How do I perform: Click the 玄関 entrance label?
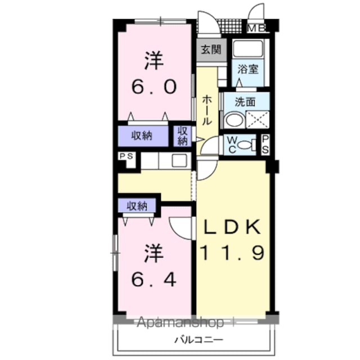pyautogui.click(x=211, y=49)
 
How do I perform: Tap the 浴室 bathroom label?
pyautogui.click(x=247, y=69)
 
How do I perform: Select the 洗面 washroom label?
pyautogui.click(x=245, y=102)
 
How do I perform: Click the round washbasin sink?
pyautogui.click(x=234, y=120)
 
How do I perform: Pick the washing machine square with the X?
pyautogui.click(x=258, y=120)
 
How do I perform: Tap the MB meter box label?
pyautogui.click(x=256, y=28)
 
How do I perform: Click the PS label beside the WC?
pyautogui.click(x=265, y=144)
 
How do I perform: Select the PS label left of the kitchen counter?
pyautogui.click(x=127, y=156)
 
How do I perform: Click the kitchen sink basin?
pyautogui.click(x=179, y=160)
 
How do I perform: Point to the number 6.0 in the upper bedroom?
pyautogui.click(x=154, y=87)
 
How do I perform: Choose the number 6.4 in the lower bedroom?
pyautogui.click(x=154, y=279)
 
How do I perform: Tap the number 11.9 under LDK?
pyautogui.click(x=232, y=253)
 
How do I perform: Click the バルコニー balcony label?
pyautogui.click(x=199, y=339)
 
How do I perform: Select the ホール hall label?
pyautogui.click(x=206, y=111)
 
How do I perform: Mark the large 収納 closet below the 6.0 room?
pyautogui.click(x=143, y=136)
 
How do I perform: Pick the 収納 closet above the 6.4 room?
pyautogui.click(x=137, y=206)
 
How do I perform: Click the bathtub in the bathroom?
pyautogui.click(x=247, y=49)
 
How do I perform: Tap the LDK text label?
pyautogui.click(x=232, y=226)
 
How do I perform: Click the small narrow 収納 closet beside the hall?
pyautogui.click(x=182, y=136)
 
